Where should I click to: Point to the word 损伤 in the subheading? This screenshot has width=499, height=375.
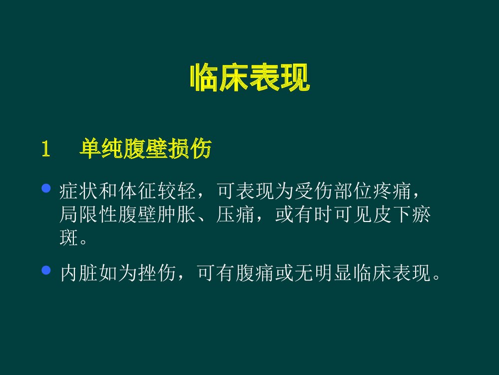pos(195,149)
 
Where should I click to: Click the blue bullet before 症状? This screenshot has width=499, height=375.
pos(47,188)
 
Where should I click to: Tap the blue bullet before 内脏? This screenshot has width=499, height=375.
pos(47,270)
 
